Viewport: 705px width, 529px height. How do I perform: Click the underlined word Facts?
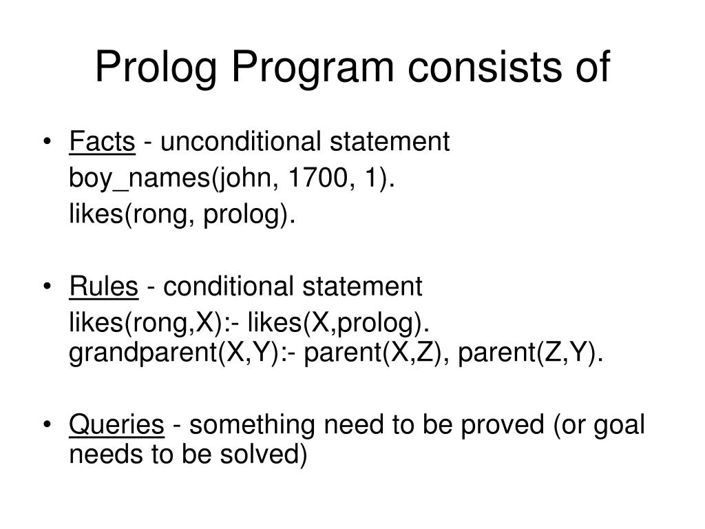[x=102, y=142]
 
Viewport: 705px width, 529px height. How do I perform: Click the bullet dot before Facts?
[x=46, y=143]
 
